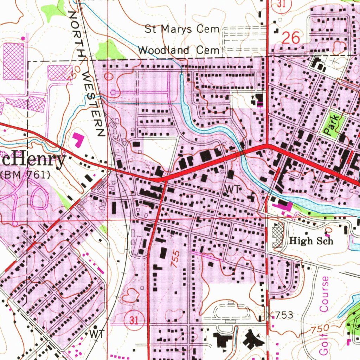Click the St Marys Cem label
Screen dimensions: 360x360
click(x=182, y=29)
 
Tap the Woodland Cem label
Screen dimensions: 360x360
click(x=179, y=50)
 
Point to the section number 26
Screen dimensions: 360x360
click(x=291, y=38)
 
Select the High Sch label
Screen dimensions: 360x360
click(x=310, y=241)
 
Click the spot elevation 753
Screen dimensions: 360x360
click(x=283, y=315)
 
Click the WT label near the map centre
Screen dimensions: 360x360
click(x=232, y=189)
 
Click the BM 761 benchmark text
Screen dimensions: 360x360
click(x=25, y=175)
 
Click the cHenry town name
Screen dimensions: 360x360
click(x=33, y=160)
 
